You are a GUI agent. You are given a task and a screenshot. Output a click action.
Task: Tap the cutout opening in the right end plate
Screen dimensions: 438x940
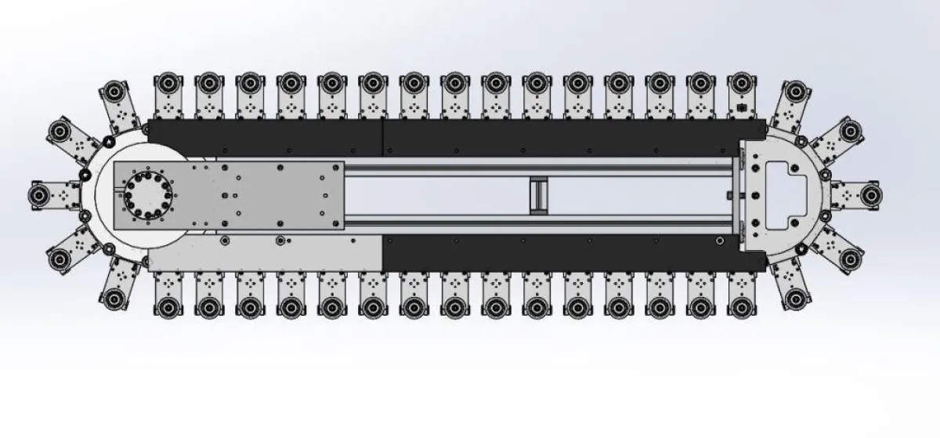(784, 188)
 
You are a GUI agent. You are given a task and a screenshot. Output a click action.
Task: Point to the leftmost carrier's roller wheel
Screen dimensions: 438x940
(38, 194)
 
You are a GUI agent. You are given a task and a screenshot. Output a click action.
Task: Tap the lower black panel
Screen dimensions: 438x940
(564, 253)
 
